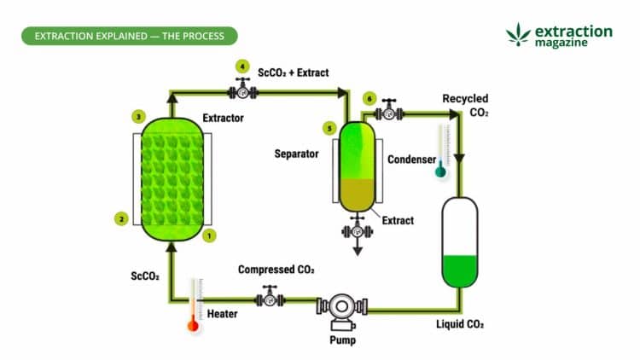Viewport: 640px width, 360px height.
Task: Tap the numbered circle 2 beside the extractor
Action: [x=122, y=219]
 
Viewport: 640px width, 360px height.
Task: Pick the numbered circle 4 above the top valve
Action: [x=242, y=66]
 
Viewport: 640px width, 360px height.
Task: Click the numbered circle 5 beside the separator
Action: [x=329, y=128]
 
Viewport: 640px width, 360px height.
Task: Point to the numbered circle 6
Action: [x=369, y=98]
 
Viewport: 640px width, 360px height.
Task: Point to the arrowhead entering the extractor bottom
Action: [x=172, y=248]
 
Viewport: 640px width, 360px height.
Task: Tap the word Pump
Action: [x=340, y=340]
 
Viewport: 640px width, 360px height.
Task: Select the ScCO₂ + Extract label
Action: [x=293, y=73]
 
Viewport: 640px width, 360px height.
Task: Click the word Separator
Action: [x=296, y=154]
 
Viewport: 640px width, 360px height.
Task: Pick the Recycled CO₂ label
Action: [x=465, y=106]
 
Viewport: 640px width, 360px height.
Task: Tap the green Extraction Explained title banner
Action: [x=128, y=36]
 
